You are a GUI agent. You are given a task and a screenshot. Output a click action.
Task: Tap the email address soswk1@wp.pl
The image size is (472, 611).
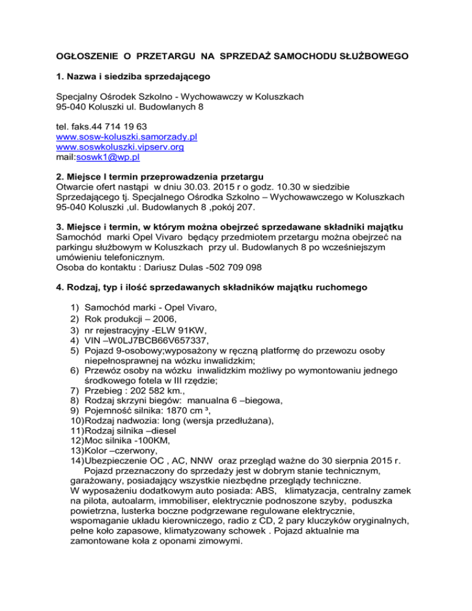coord(107,157)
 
